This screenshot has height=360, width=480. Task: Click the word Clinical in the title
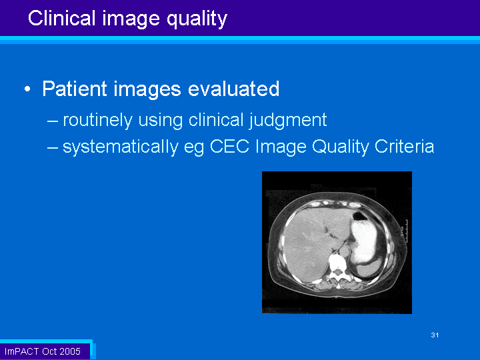(x=62, y=18)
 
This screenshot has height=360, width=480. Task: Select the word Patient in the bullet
(x=75, y=89)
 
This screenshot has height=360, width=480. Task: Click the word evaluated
(x=233, y=89)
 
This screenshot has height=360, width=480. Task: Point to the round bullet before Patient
(x=27, y=89)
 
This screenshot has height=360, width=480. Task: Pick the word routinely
(x=97, y=120)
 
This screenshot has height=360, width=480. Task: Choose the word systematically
(x=121, y=147)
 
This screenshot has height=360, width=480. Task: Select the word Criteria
(x=405, y=146)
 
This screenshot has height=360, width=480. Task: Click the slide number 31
(x=435, y=335)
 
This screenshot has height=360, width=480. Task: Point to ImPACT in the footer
(x=22, y=351)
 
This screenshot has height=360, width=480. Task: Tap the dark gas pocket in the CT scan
(x=360, y=217)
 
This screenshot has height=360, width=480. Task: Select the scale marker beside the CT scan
(x=405, y=231)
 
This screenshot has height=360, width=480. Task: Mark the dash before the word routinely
(x=53, y=121)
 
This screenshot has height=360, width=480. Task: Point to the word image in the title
(x=131, y=19)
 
